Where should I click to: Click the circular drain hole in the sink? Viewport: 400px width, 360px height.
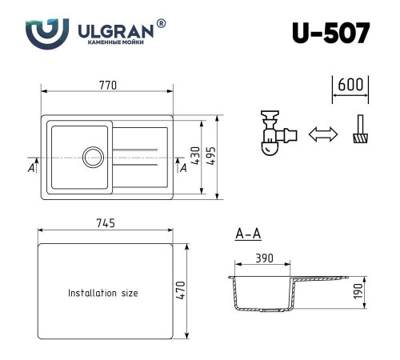coord(94,155)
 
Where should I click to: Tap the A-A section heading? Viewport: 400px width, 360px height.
coord(248,234)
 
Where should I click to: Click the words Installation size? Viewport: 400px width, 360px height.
coord(102,293)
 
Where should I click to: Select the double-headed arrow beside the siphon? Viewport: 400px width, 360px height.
coord(322,135)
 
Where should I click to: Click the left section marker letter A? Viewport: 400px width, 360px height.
coord(30,169)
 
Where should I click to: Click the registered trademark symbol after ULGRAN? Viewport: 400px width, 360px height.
coord(162,25)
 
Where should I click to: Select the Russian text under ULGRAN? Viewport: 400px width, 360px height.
coord(117,44)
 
